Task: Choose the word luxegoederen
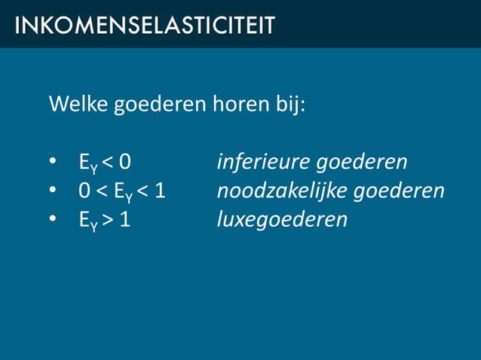coord(282,220)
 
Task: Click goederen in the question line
coord(158,104)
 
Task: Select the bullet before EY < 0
coord(52,163)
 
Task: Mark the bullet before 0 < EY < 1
coord(52,191)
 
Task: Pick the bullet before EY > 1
coord(52,220)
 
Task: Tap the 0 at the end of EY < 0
coord(133,163)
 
